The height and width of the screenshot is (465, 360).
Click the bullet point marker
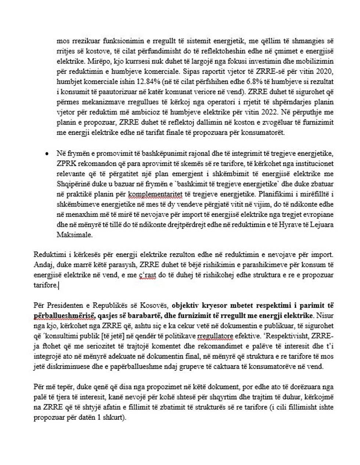pyautogui.click(x=47, y=153)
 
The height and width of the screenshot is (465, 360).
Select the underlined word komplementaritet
pyautogui.click(x=154, y=194)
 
